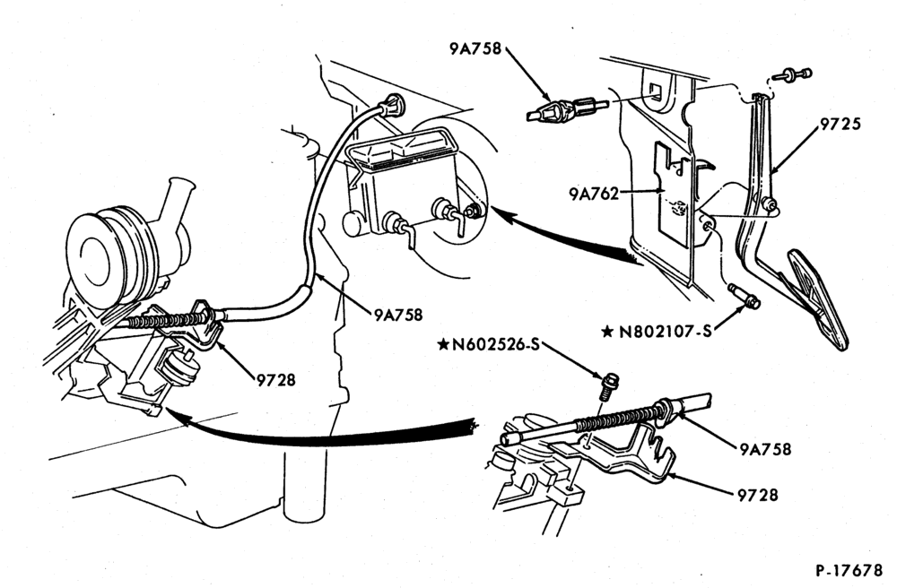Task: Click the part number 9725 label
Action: click(x=840, y=124)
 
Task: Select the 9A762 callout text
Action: click(x=594, y=195)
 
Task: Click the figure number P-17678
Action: click(x=849, y=570)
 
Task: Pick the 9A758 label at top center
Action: click(x=475, y=49)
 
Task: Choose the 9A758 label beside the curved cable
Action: click(x=399, y=315)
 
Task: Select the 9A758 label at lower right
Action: click(x=765, y=449)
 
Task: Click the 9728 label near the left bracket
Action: click(x=275, y=380)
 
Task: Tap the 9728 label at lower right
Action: click(x=758, y=494)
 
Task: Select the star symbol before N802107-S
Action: click(x=608, y=332)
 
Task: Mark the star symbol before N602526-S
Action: click(x=443, y=344)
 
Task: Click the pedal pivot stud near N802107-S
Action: click(x=745, y=298)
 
